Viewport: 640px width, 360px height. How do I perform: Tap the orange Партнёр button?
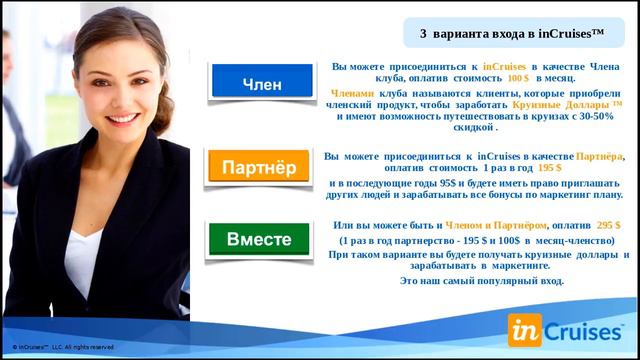(258, 165)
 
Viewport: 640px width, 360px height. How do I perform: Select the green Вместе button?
(259, 240)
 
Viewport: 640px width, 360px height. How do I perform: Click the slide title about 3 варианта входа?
(512, 33)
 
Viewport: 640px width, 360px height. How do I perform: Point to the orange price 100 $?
(518, 78)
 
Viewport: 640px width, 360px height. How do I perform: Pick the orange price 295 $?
(608, 226)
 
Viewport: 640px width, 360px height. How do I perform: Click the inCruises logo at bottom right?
(566, 328)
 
